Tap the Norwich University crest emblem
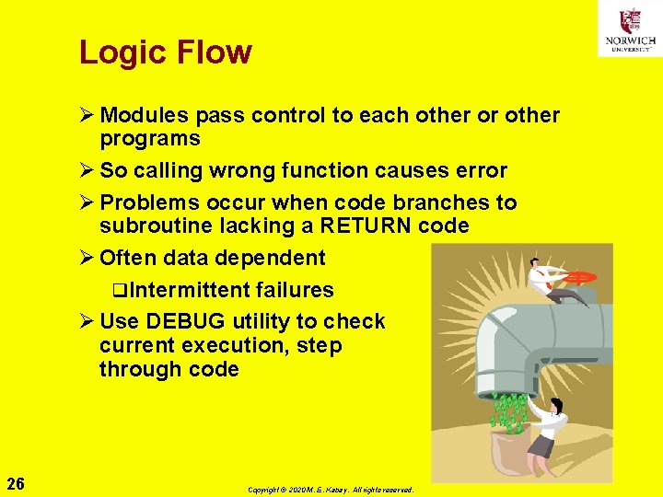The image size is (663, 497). pos(630,19)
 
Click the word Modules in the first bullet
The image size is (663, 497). pos(141,116)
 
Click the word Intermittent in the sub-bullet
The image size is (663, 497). pos(190,291)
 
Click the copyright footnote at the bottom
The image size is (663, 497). pos(331,490)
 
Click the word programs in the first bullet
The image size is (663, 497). pos(150,140)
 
